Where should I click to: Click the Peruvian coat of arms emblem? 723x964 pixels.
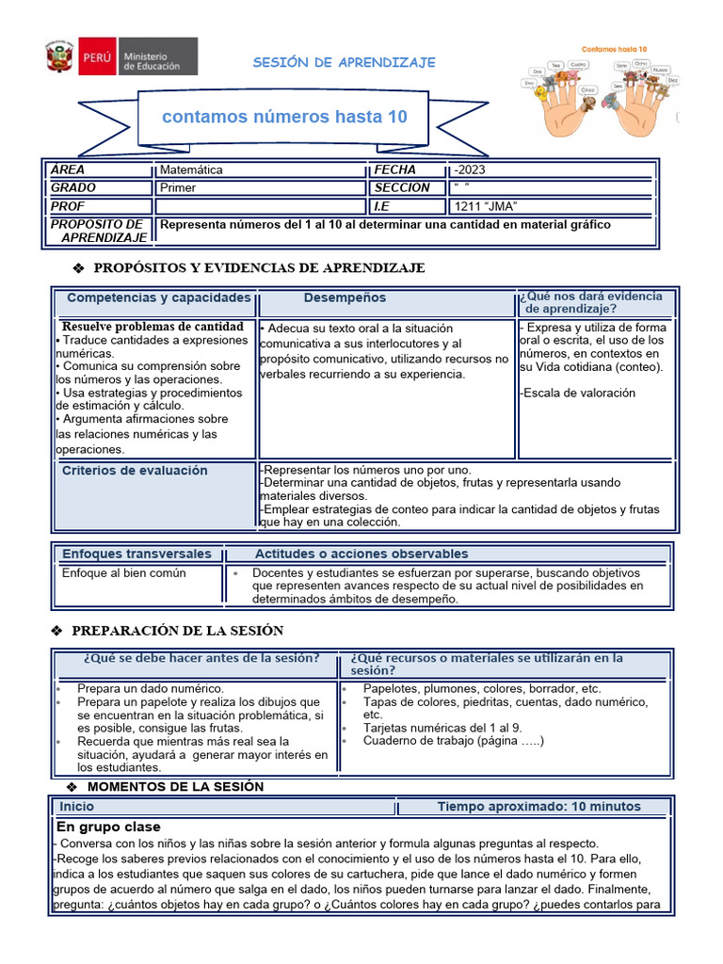[x=62, y=58]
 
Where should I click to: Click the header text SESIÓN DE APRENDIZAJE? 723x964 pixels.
[x=344, y=62]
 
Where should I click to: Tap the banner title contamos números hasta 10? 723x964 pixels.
[x=284, y=117]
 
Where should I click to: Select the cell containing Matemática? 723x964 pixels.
[x=191, y=170]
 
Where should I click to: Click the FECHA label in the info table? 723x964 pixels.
[x=394, y=170]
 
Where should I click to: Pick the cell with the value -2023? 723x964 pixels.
[x=470, y=170]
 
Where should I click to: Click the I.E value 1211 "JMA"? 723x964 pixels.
[x=486, y=206]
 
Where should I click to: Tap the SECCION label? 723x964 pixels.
[x=402, y=187]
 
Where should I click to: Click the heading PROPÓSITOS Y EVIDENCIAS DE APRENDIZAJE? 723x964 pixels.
[x=259, y=268]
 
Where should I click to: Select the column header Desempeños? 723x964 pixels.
[x=345, y=297]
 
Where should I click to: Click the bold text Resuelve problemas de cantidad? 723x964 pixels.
[x=153, y=327]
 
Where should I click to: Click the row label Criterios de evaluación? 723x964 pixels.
[x=135, y=471]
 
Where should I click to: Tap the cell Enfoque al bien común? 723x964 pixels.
[x=123, y=572]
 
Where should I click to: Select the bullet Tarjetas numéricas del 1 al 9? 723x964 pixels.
[x=442, y=728]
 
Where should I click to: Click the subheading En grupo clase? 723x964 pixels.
[x=108, y=827]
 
